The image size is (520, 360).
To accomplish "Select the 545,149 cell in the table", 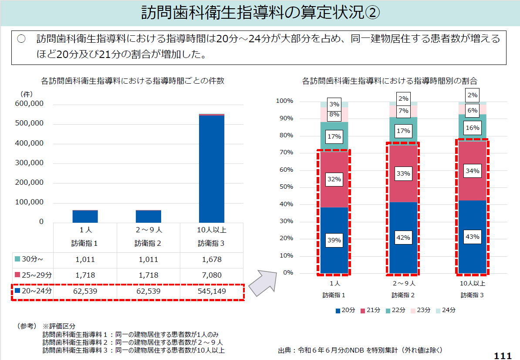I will click(212, 291).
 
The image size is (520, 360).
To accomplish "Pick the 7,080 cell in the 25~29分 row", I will click(212, 275).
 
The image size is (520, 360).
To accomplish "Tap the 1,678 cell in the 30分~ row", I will click(212, 259).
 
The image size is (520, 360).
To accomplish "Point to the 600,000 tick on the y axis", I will click(29, 104).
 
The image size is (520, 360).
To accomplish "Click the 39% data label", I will click(334, 240).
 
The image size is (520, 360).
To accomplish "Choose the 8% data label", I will click(334, 114).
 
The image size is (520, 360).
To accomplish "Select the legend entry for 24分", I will click(446, 310).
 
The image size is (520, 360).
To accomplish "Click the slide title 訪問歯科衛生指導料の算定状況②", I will click(260, 13).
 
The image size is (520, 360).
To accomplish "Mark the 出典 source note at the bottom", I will click(361, 350).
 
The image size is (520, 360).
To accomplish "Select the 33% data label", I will click(403, 173).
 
